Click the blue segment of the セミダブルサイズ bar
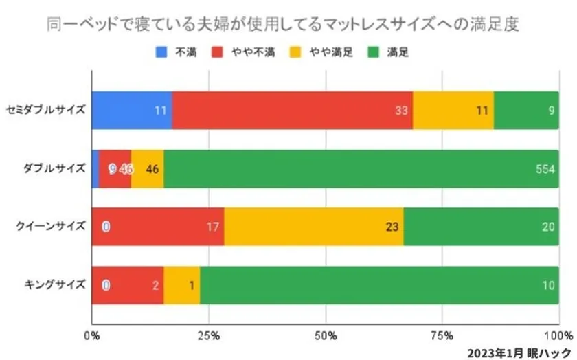(131, 109)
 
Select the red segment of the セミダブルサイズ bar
(292, 109)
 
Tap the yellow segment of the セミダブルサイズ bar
(453, 109)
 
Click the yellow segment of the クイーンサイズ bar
(314, 225)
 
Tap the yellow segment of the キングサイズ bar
(181, 283)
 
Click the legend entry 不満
(179, 52)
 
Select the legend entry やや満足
(325, 52)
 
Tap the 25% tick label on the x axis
(209, 336)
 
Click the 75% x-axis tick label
(444, 336)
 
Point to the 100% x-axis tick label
(558, 336)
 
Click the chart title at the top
(282, 25)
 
